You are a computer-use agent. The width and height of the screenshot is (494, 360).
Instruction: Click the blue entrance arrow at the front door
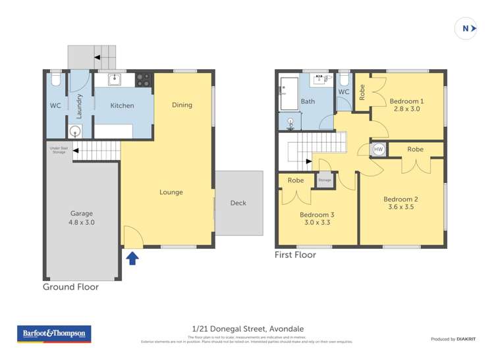coord(132,258)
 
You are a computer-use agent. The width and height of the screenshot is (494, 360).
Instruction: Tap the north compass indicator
coord(466,28)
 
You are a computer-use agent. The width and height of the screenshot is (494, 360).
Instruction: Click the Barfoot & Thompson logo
coord(54,334)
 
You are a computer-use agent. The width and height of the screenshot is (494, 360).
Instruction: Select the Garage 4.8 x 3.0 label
coord(82,218)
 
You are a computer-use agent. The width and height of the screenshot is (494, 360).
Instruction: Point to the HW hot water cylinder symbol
coord(378,149)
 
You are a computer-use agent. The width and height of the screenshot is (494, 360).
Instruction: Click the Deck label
coord(238,203)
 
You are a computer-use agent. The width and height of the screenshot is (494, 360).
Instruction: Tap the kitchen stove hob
coord(143,80)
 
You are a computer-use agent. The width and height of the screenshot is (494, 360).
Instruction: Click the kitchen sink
coord(114,80)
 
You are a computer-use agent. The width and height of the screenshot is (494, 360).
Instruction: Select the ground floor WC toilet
coord(55,82)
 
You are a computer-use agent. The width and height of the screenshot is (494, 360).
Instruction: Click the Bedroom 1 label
coord(406,105)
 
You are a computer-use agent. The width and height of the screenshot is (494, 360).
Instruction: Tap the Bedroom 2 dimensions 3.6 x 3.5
coord(401,207)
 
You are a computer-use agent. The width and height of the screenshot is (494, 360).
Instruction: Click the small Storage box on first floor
coord(325,180)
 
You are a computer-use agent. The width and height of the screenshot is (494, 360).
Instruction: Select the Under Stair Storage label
coord(58,150)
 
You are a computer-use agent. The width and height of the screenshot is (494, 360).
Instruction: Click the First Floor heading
coord(295,255)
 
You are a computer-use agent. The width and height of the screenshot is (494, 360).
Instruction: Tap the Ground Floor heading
coord(70,287)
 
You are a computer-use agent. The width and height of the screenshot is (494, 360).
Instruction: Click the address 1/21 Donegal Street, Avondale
coord(248,328)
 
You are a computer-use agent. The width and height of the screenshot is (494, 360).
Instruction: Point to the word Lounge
coord(171,192)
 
